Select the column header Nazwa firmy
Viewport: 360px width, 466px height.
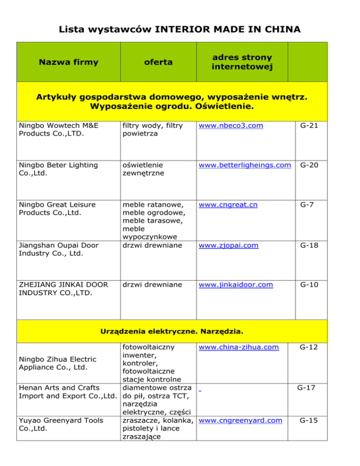[68, 62]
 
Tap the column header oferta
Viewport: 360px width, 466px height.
[158, 62]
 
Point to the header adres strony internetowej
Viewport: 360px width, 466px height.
[241, 62]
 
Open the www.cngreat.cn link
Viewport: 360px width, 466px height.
[228, 204]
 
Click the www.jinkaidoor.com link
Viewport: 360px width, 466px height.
[235, 284]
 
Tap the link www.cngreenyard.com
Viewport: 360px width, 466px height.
[240, 421]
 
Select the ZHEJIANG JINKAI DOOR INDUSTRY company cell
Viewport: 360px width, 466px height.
[61, 288]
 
